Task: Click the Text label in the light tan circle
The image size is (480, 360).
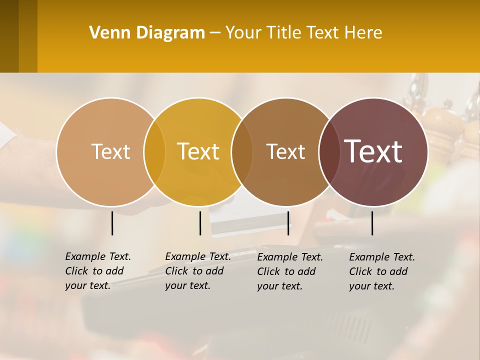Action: [110, 151]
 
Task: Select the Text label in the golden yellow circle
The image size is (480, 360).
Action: [198, 151]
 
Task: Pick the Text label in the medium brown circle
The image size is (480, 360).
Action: [285, 151]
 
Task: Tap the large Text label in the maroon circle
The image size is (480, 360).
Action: [373, 151]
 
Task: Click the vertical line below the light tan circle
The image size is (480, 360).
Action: [112, 223]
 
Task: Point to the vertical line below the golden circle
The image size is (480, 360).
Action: [200, 223]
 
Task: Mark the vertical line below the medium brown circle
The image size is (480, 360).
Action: [288, 223]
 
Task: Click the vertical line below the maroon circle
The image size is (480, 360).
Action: [372, 223]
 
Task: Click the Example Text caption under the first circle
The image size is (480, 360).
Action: [98, 271]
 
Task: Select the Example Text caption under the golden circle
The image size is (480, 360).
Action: [198, 271]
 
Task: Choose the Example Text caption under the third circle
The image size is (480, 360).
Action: [290, 271]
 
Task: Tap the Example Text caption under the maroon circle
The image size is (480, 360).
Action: [382, 271]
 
